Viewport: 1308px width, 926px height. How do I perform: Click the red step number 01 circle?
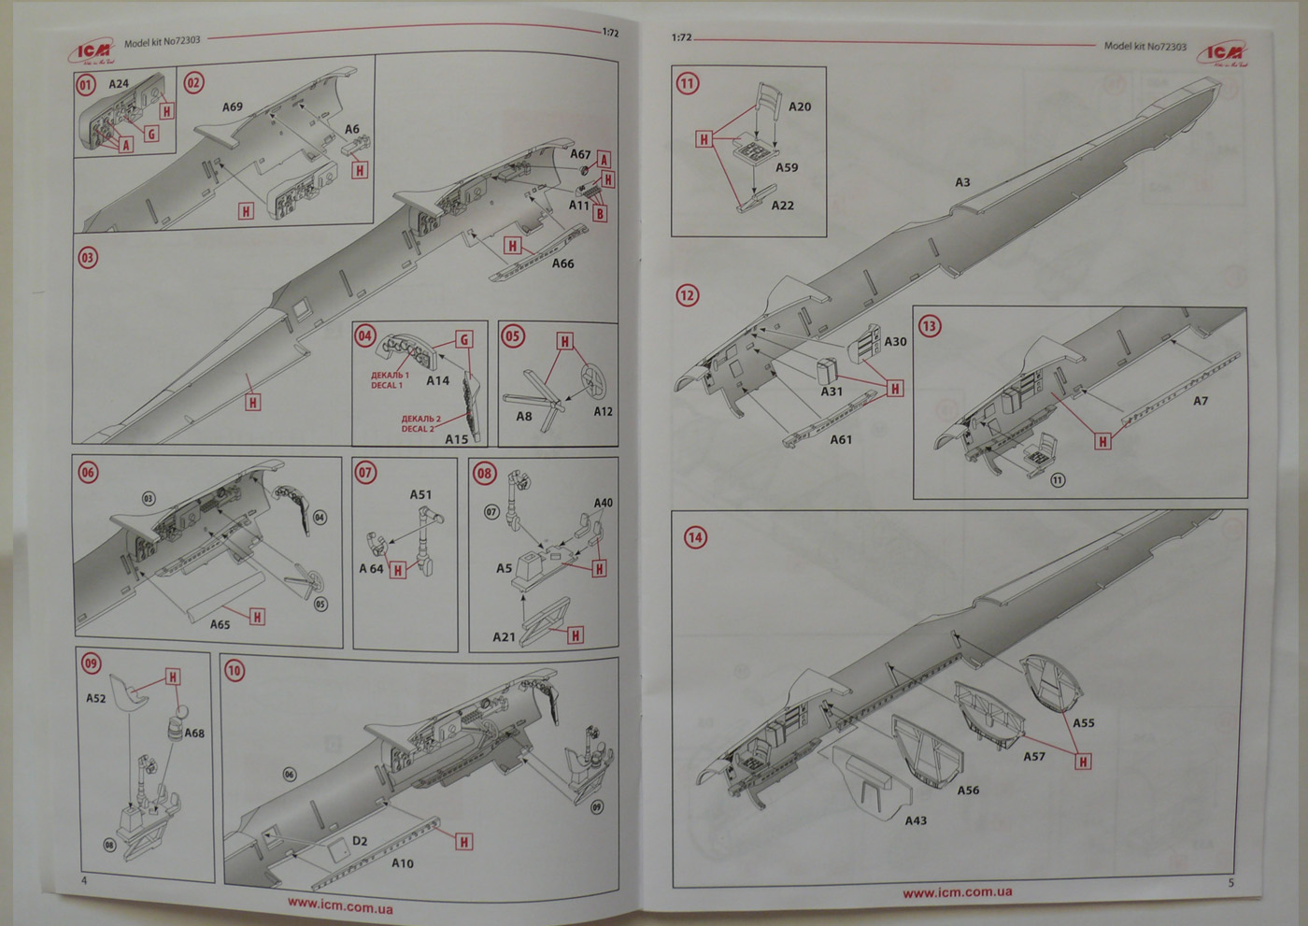pyautogui.click(x=86, y=85)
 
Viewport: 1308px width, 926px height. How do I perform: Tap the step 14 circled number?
pyautogui.click(x=695, y=537)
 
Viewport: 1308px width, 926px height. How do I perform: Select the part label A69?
pyautogui.click(x=233, y=107)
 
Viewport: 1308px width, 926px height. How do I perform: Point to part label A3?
pyautogui.click(x=962, y=182)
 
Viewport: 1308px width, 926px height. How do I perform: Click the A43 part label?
pyautogui.click(x=916, y=820)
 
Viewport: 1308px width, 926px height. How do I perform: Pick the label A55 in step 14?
pyautogui.click(x=1083, y=722)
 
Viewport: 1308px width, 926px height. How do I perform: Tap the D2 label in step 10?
pyautogui.click(x=360, y=841)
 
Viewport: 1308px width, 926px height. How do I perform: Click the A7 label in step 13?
pyautogui.click(x=1201, y=401)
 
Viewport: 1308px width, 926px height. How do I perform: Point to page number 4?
pyautogui.click(x=84, y=880)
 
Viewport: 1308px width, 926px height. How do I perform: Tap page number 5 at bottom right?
pyautogui.click(x=1230, y=882)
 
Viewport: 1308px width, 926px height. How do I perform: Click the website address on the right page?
pyautogui.click(x=957, y=892)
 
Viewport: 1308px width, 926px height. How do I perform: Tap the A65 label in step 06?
pyautogui.click(x=220, y=624)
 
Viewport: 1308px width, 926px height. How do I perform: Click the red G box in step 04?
pyautogui.click(x=463, y=340)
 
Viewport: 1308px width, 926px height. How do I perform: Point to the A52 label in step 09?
pyautogui.click(x=96, y=698)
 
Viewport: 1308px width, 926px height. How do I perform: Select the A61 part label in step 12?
pyautogui.click(x=841, y=439)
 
